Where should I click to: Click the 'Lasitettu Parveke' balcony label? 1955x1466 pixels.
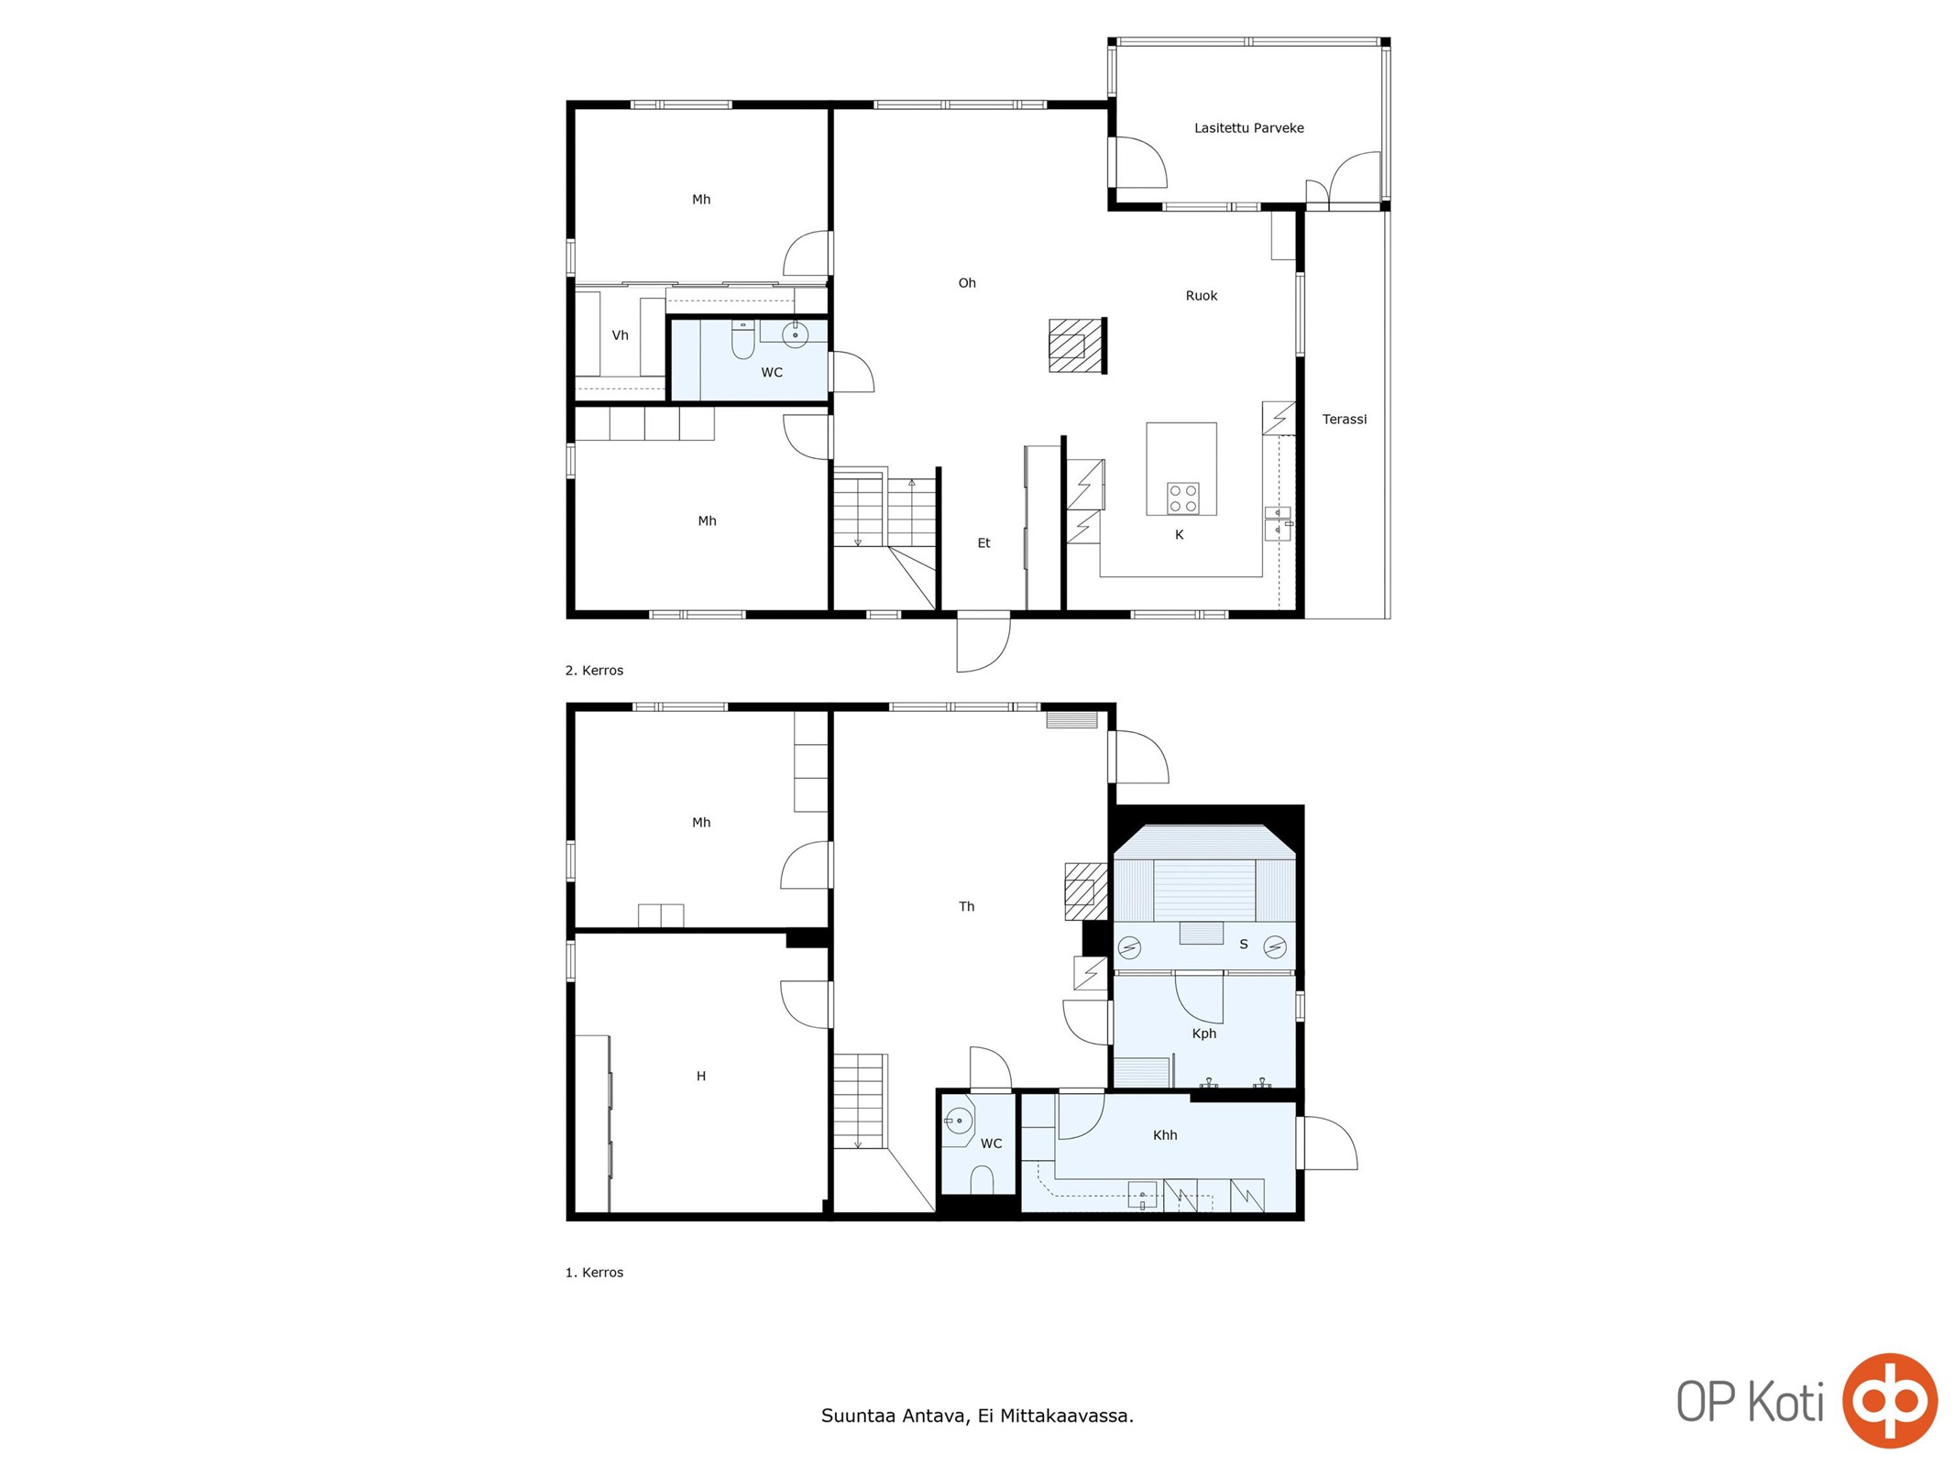pyautogui.click(x=1248, y=128)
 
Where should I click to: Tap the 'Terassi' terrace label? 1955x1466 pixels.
pyautogui.click(x=1344, y=420)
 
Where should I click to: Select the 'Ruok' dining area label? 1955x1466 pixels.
pyautogui.click(x=1201, y=296)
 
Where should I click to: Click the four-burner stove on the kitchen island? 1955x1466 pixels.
pyautogui.click(x=1182, y=498)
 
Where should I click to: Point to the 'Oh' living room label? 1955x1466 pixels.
pyautogui.click(x=967, y=283)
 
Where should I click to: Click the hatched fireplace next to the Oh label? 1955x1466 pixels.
pyautogui.click(x=1077, y=345)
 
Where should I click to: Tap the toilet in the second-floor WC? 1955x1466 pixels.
pyautogui.click(x=742, y=340)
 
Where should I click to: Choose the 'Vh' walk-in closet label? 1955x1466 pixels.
pyautogui.click(x=620, y=335)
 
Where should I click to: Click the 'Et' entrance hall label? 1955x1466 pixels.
pyautogui.click(x=983, y=543)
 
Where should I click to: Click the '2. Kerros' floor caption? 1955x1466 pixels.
pyautogui.click(x=594, y=671)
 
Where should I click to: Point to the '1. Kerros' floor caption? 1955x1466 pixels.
pyautogui.click(x=594, y=1273)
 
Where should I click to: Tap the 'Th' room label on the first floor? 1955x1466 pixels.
pyautogui.click(x=966, y=907)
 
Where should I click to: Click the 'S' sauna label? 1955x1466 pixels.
pyautogui.click(x=1243, y=945)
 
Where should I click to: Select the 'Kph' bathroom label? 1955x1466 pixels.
pyautogui.click(x=1203, y=1034)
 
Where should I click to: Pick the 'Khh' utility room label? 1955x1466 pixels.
pyautogui.click(x=1164, y=1136)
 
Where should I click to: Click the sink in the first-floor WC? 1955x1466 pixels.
pyautogui.click(x=958, y=1121)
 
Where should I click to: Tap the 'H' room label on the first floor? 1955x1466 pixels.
pyautogui.click(x=701, y=1077)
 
